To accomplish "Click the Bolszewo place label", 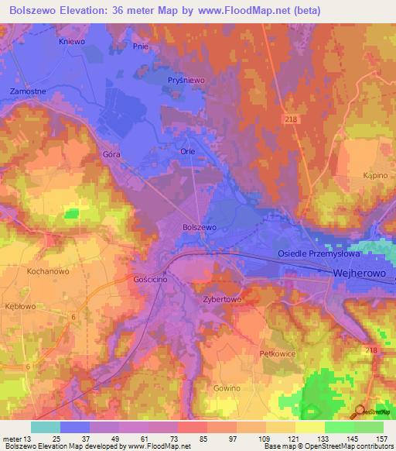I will coord(199,227).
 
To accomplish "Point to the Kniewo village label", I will coord(72,42).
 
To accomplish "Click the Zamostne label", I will coord(28,91).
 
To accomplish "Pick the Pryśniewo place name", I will coord(186,80).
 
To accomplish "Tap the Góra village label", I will coord(112,154).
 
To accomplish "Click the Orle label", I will coord(187,152).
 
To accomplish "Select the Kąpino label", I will coord(374,176).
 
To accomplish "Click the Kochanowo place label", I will coord(49,272).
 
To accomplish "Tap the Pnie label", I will coord(140,46).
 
